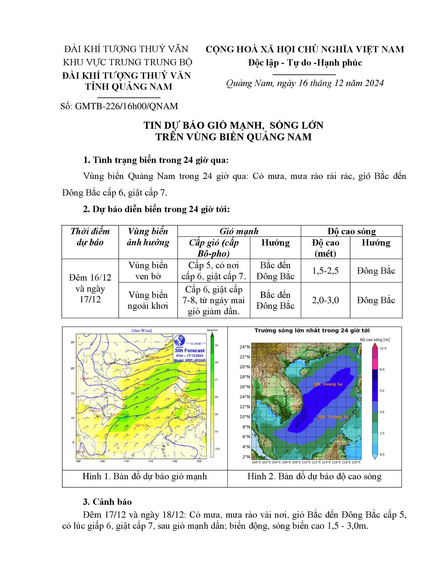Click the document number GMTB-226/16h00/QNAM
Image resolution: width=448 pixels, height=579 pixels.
point(126,106)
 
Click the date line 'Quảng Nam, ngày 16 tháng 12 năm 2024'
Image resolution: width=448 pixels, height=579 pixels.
point(305,83)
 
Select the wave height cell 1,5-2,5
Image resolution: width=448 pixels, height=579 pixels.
point(325,271)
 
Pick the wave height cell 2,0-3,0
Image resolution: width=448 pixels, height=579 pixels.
point(325,300)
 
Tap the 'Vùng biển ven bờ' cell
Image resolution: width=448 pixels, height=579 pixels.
point(148,271)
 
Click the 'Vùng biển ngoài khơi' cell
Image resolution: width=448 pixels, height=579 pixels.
point(148,300)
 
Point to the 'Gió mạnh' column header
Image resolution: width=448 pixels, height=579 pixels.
point(239,231)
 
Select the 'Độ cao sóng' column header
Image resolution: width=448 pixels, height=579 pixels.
point(351,231)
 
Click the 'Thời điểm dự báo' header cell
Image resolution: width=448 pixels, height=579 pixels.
point(90,237)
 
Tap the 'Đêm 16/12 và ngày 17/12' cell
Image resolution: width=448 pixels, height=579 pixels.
point(90,288)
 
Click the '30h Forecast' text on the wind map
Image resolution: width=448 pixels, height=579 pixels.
point(189,351)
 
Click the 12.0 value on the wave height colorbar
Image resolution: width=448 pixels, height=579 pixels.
point(383,348)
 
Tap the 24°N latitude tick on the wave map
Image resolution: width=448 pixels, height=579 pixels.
point(245,347)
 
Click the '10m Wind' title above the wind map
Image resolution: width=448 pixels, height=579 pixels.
point(142,331)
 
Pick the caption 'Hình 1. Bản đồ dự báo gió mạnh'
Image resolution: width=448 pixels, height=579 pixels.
point(145,476)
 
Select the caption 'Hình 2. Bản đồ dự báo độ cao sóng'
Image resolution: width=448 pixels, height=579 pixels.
point(314,476)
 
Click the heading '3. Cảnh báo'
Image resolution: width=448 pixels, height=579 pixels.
point(107,502)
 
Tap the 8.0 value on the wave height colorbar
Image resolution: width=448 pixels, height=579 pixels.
point(382,369)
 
